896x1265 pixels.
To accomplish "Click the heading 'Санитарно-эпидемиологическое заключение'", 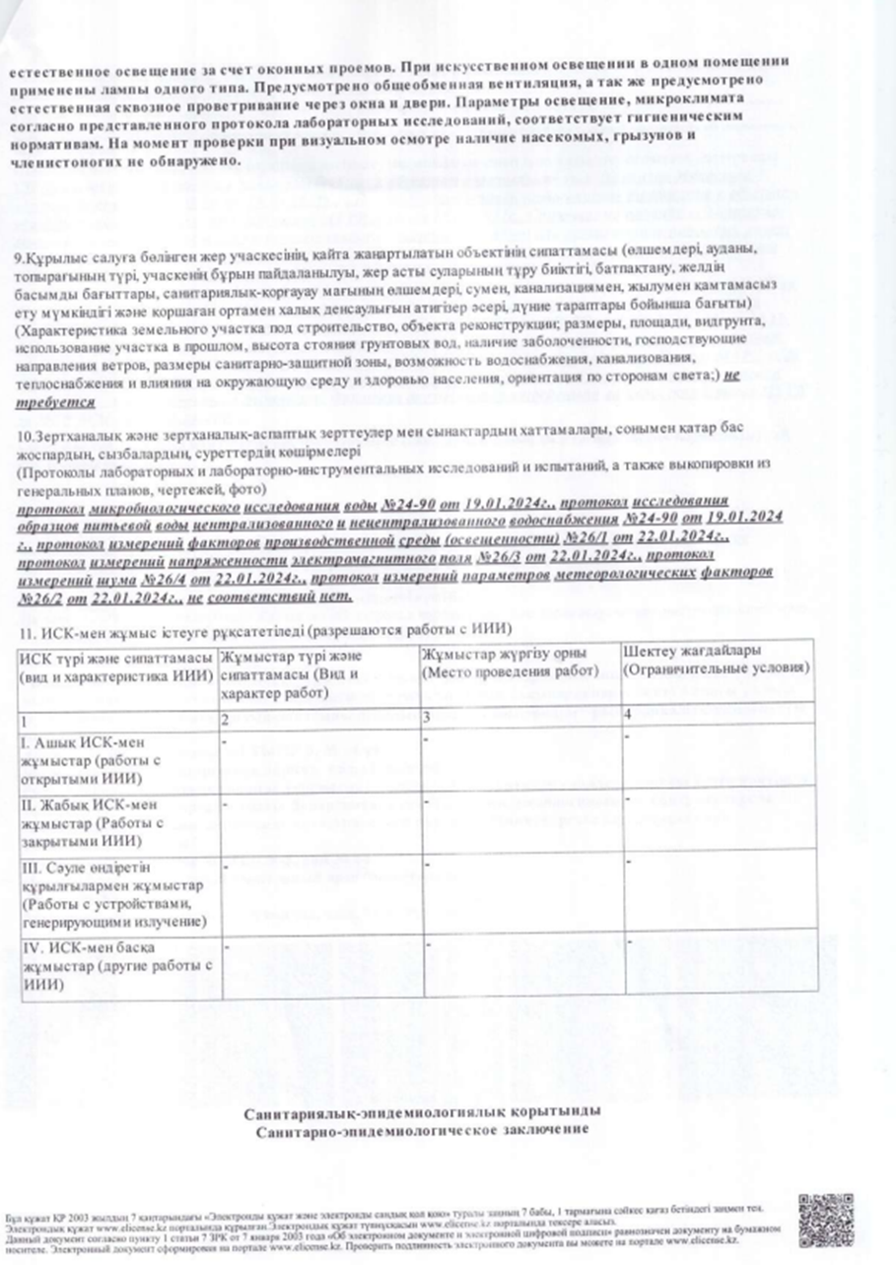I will pyautogui.click(x=422, y=1129).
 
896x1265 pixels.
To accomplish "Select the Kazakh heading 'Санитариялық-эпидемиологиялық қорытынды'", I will pyautogui.click(x=422, y=1112).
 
